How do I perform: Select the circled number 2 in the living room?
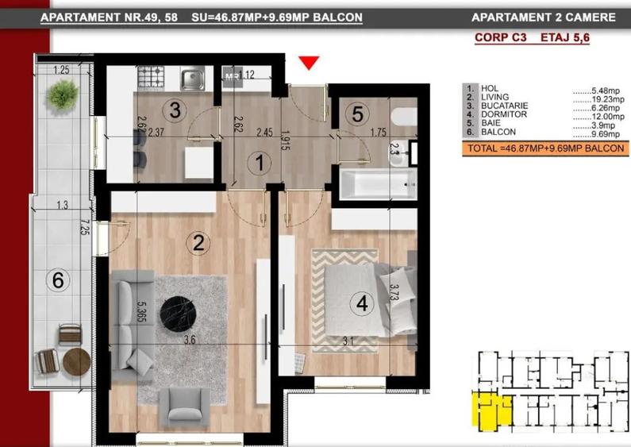click(198, 244)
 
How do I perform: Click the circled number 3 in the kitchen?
click(177, 110)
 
